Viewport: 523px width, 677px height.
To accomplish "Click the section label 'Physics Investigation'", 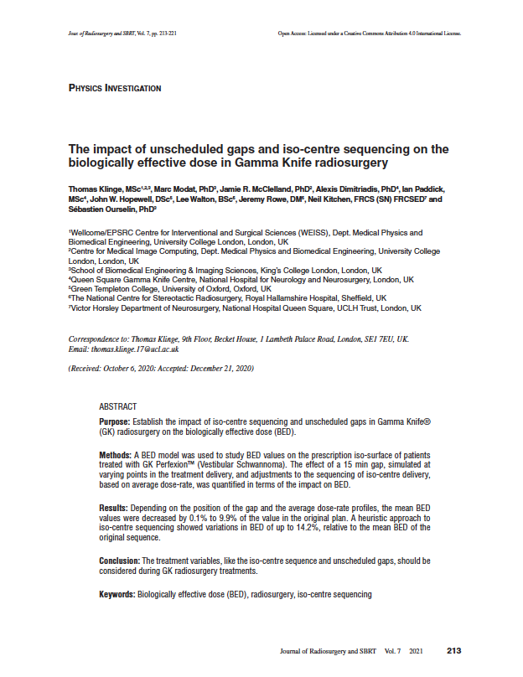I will pyautogui.click(x=115, y=88).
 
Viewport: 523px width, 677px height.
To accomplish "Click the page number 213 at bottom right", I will pyautogui.click(x=454, y=650).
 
